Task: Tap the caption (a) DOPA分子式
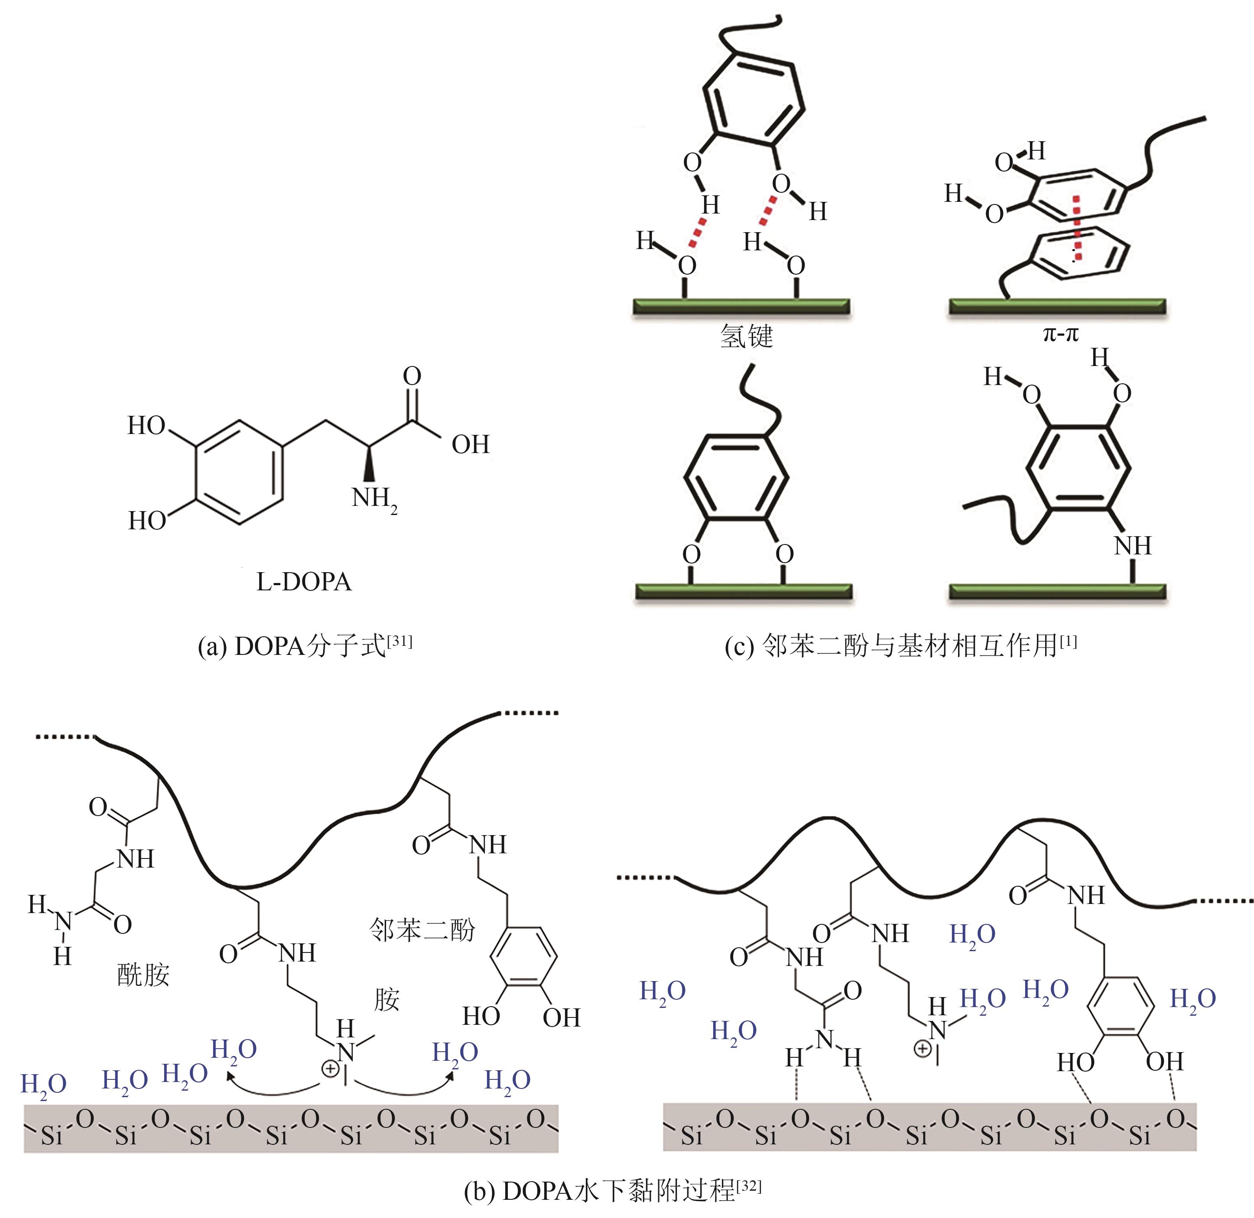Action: click(x=305, y=647)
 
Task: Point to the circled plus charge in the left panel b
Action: click(x=330, y=1069)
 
